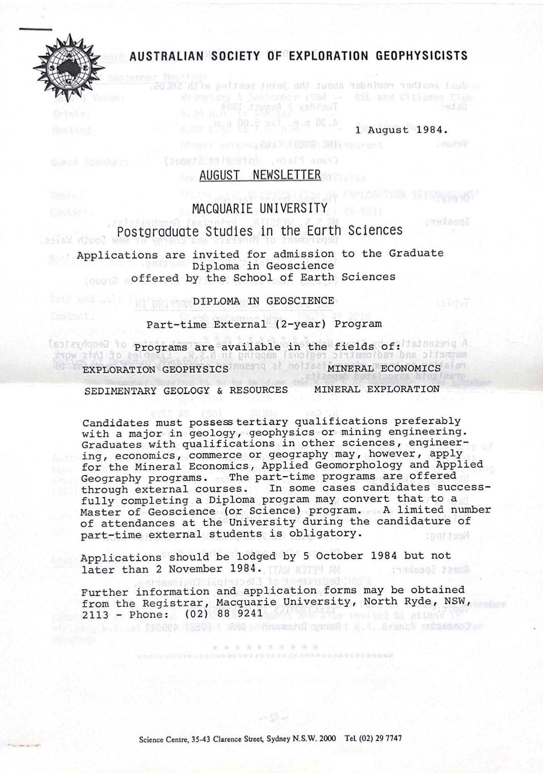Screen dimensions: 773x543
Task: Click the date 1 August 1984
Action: click(401, 130)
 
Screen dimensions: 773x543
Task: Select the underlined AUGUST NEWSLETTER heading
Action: click(260, 175)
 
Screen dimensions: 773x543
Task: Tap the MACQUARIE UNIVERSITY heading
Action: click(260, 209)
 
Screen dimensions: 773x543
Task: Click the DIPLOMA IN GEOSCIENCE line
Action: click(263, 301)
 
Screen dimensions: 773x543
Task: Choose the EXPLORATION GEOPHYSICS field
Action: click(156, 370)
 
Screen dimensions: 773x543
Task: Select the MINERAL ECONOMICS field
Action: click(384, 368)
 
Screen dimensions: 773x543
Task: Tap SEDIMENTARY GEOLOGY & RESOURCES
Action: click(186, 391)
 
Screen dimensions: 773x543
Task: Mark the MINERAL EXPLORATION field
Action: click(377, 389)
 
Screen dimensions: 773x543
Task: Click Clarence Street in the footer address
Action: click(238, 738)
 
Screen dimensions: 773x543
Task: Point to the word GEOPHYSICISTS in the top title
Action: click(421, 56)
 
